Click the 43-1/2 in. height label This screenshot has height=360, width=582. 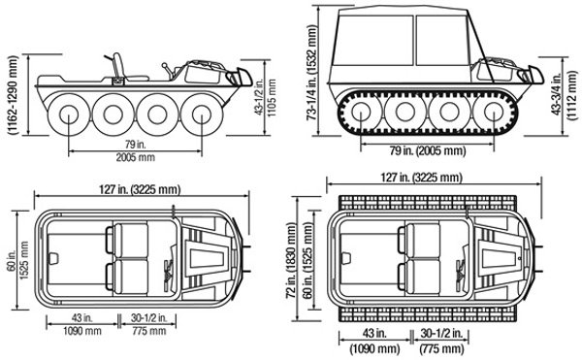261,98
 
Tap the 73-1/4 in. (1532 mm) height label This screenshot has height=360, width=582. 312,73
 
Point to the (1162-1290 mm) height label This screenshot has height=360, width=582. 14,95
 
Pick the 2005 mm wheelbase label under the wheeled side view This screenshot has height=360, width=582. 135,157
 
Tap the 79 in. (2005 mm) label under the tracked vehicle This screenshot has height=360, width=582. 427,150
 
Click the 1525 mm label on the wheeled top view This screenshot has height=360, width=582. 24,260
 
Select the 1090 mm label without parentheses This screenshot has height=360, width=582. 82,331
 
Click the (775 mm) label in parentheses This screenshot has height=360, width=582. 441,349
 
